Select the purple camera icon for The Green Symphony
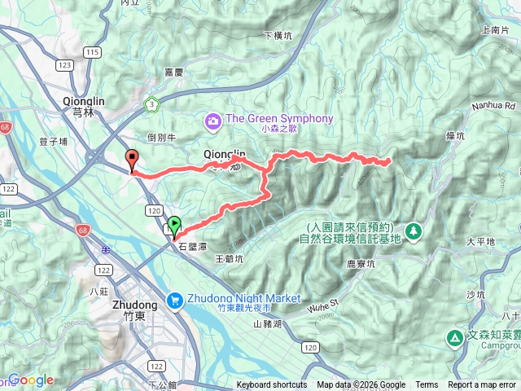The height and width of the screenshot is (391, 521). pyautogui.click(x=213, y=120)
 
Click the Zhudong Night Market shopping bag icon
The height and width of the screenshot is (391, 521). pyautogui.click(x=176, y=301)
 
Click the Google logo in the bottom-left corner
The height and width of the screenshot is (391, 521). pyautogui.click(x=31, y=380)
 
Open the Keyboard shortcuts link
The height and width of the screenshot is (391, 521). pyautogui.click(x=272, y=385)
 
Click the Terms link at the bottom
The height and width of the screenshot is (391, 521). pyautogui.click(x=427, y=385)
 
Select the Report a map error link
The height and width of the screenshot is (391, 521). pyautogui.click(x=483, y=385)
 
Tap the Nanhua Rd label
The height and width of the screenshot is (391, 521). pyautogui.click(x=495, y=106)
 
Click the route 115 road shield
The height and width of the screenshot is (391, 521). pyautogui.click(x=92, y=52)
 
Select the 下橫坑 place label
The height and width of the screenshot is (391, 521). pyautogui.click(x=278, y=36)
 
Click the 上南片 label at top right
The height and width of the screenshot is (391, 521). pyautogui.click(x=495, y=29)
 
